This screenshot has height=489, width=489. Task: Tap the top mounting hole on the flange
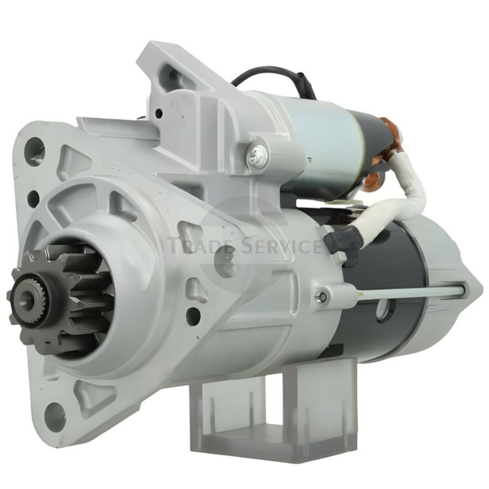pos(34,151)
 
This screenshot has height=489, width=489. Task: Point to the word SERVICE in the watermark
pos(280,246)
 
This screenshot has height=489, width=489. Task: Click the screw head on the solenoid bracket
pos(257,153)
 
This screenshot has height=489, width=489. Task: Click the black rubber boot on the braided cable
pos(342,246)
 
